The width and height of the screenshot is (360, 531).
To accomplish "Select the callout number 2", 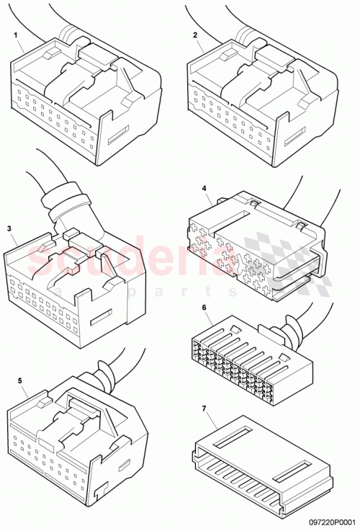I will click(x=194, y=35).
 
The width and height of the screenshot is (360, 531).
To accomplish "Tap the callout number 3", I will click(x=9, y=228).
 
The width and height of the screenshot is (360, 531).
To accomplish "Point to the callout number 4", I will click(x=205, y=189).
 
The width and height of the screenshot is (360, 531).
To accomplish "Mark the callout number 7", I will click(x=205, y=409).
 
